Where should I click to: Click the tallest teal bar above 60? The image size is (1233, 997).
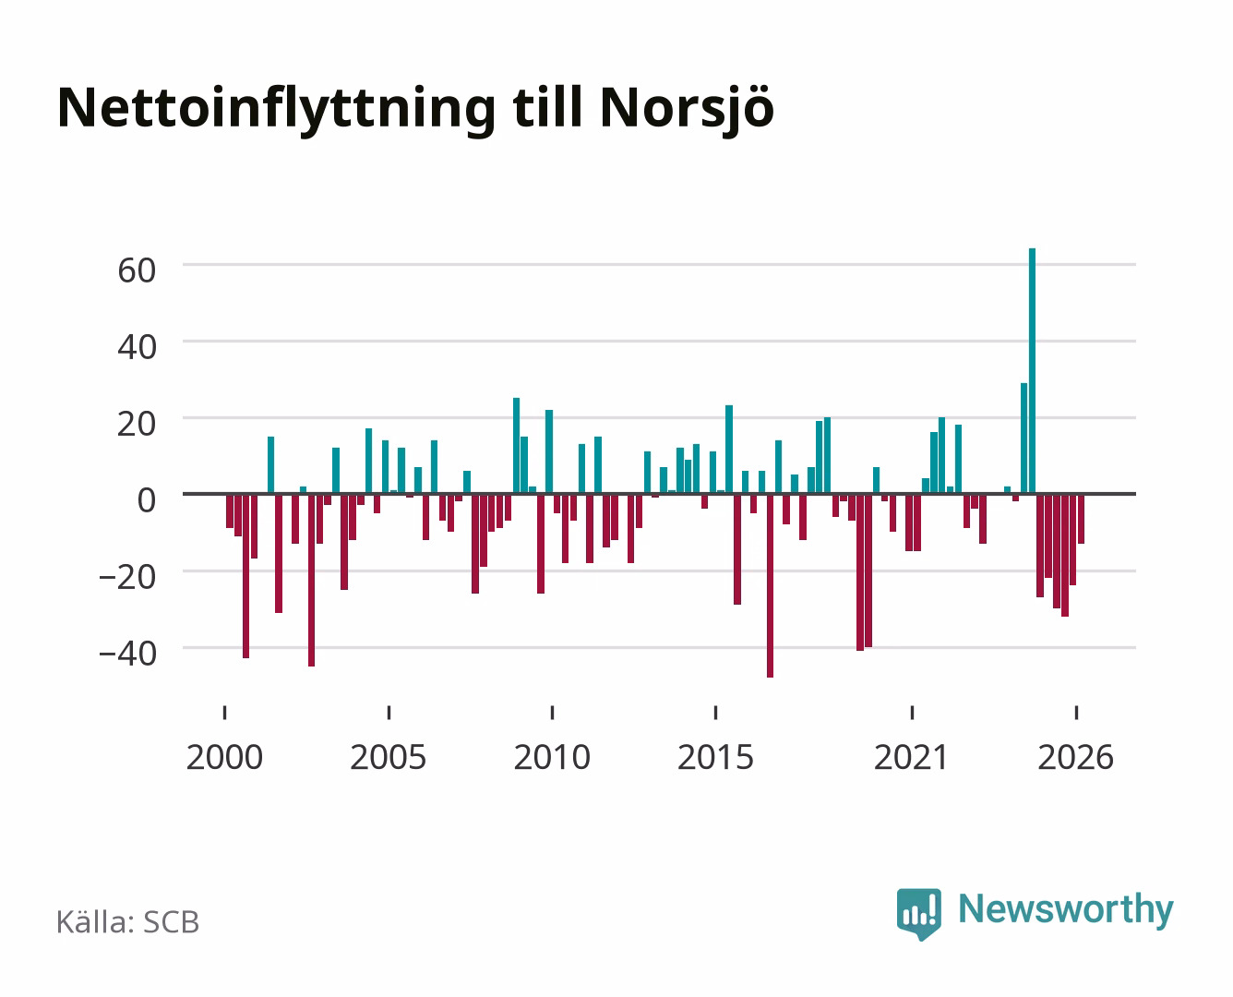pyautogui.click(x=1032, y=370)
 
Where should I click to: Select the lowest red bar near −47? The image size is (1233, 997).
pyautogui.click(x=770, y=585)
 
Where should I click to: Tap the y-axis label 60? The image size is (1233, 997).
pyautogui.click(x=137, y=270)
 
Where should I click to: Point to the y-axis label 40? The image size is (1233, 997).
pyautogui.click(x=137, y=347)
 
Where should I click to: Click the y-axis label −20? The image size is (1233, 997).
pyautogui.click(x=127, y=577)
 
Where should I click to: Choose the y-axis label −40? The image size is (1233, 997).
pyautogui.click(x=127, y=654)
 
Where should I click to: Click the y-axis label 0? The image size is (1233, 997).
pyautogui.click(x=147, y=500)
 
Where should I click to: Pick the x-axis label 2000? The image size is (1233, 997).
pyautogui.click(x=224, y=757)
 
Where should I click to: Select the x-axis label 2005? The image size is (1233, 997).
pyautogui.click(x=389, y=757)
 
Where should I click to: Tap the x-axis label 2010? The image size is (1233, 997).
pyautogui.click(x=552, y=757)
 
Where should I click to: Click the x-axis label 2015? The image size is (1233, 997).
pyautogui.click(x=715, y=757)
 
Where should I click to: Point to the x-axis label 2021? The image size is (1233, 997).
pyautogui.click(x=911, y=757)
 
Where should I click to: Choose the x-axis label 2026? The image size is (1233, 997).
pyautogui.click(x=1075, y=757)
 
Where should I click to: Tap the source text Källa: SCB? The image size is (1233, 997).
pyautogui.click(x=128, y=921)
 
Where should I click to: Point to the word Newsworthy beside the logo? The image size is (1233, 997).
pyautogui.click(x=1066, y=910)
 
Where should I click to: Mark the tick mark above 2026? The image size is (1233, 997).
pyautogui.click(x=1076, y=712)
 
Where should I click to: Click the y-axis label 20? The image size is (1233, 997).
pyautogui.click(x=137, y=424)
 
